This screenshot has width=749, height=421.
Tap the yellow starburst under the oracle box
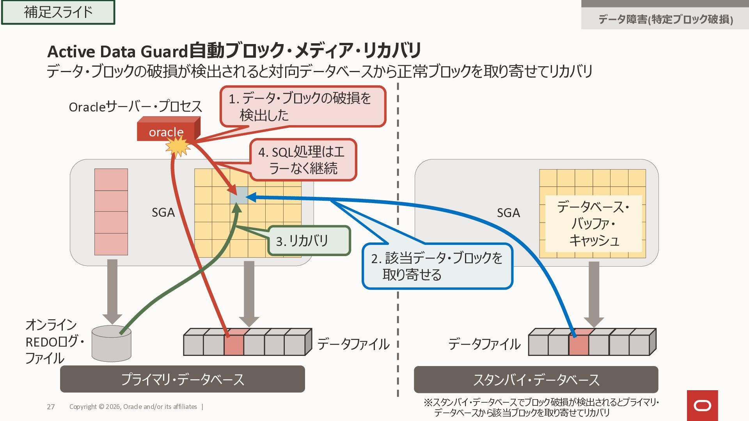(178, 147)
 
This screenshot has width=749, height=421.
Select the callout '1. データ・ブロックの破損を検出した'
(303, 106)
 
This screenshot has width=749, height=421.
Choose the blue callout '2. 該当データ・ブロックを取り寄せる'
(437, 266)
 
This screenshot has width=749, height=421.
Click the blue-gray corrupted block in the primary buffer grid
(238, 195)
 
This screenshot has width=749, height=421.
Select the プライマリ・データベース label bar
(182, 379)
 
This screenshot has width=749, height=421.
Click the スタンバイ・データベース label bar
(536, 379)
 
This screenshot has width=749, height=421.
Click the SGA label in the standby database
(508, 213)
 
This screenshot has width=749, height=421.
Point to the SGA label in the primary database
(163, 212)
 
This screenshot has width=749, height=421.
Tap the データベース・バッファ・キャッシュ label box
(593, 223)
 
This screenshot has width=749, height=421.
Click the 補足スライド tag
(58, 12)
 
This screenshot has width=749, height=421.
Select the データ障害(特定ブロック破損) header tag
(665, 19)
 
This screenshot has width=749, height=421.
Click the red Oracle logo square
(702, 405)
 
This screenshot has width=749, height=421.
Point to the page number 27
(51, 407)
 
